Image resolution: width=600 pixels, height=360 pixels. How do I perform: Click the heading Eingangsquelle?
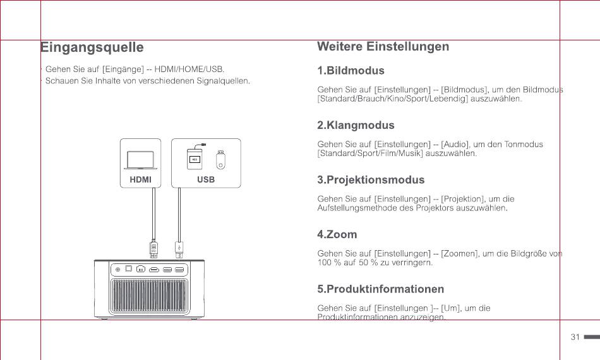coord(92,47)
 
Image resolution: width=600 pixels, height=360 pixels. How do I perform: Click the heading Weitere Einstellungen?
coord(383,46)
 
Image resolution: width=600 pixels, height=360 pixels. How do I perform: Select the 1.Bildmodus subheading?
coord(351,71)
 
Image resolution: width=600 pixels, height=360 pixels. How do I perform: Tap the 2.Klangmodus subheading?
coord(356,125)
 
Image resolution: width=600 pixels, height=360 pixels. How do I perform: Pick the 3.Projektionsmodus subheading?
coord(371,180)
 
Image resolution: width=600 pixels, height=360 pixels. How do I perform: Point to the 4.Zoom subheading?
coord(337,234)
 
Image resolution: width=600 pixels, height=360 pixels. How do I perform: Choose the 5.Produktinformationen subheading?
coord(380,289)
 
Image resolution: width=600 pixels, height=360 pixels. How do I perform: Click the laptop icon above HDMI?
coord(140,160)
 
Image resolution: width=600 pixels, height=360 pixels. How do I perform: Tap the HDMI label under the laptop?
coord(140,179)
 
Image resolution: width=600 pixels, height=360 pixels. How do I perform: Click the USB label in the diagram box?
coord(206,179)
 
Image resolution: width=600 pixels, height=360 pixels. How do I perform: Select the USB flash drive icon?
coord(221,160)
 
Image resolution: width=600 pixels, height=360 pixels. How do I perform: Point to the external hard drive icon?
coord(195,157)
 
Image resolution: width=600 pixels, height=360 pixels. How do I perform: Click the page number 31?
coord(575,337)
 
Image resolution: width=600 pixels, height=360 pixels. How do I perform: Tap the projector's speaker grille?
coord(149,296)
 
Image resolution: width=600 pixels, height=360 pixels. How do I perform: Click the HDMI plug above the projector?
coord(153,249)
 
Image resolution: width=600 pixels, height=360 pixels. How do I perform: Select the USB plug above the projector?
coord(179,249)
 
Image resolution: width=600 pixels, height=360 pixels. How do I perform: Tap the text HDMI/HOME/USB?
coord(189,69)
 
